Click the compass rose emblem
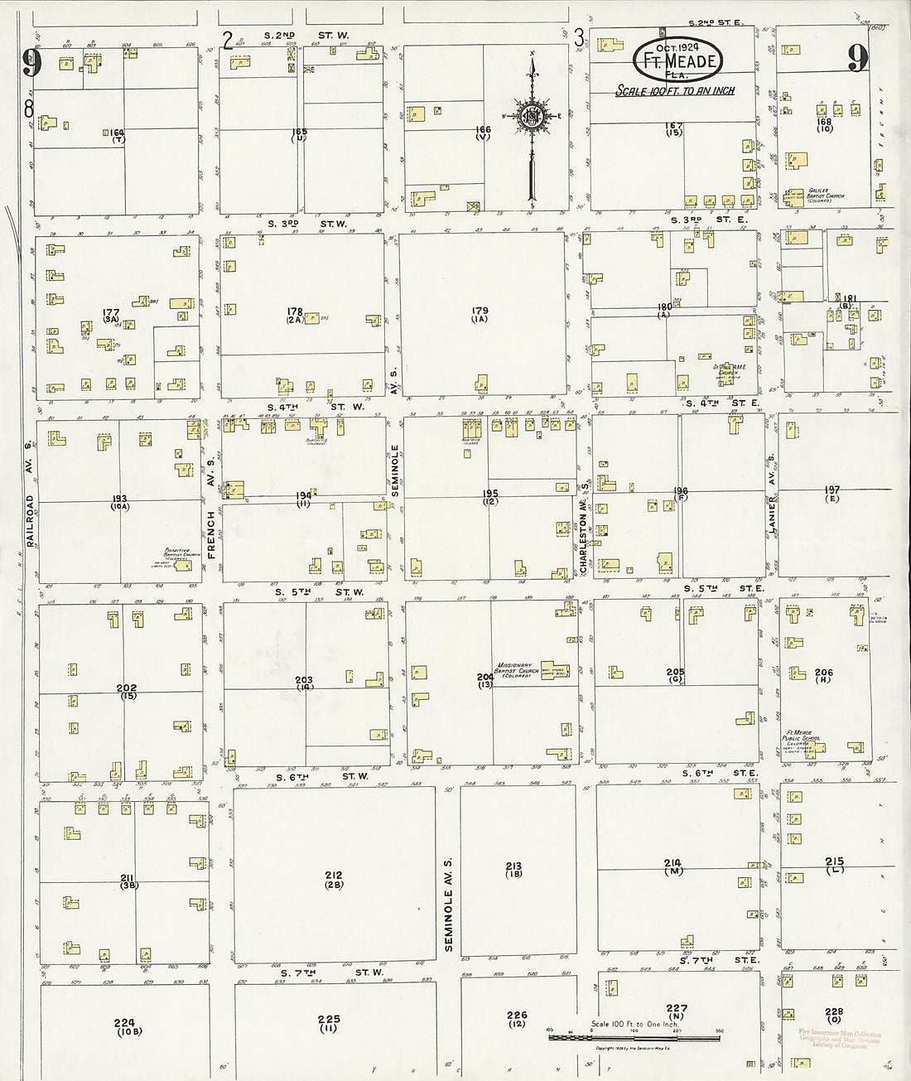coord(531,117)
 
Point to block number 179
coord(480,315)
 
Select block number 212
coord(334,880)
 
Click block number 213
coord(513,870)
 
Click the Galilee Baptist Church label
coord(828,192)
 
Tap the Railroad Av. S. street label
coord(29,522)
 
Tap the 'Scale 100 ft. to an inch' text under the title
coord(674,91)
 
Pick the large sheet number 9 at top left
coord(32,63)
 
